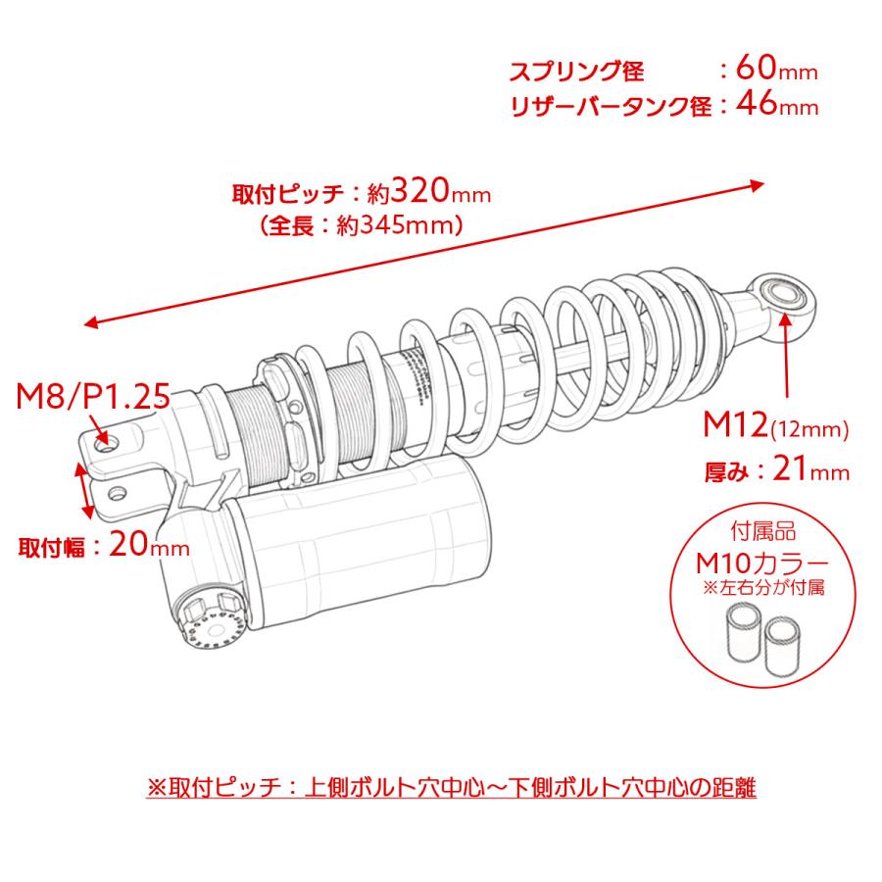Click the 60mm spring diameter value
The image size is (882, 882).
(780, 71)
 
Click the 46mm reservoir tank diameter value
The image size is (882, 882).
(780, 106)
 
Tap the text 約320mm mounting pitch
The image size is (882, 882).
(428, 190)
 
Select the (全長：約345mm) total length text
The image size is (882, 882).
(362, 225)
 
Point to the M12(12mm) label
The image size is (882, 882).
(775, 426)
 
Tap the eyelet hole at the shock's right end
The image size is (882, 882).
(783, 292)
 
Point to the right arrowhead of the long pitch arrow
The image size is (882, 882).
(757, 182)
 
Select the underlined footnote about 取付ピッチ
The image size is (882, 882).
(451, 787)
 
